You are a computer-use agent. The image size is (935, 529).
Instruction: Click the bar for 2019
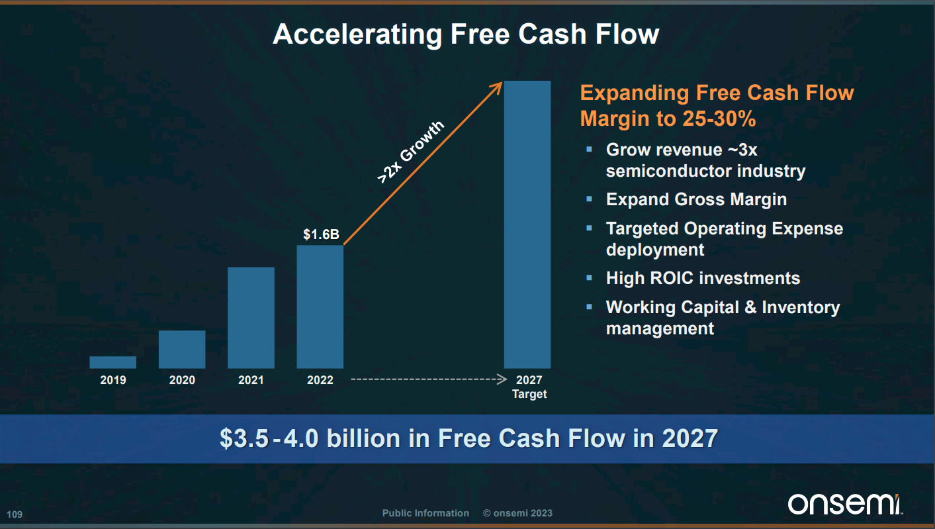coord(113,362)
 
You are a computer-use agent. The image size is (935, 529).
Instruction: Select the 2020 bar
coord(182,349)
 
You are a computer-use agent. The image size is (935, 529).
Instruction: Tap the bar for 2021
coord(251,318)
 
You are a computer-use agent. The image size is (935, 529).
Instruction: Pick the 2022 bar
coord(320,307)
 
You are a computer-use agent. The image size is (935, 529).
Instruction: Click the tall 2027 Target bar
coord(527,224)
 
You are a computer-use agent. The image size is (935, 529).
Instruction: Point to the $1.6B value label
coord(321,234)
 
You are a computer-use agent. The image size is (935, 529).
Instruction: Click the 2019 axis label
coord(113,380)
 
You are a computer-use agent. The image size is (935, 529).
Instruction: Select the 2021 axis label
coord(251,380)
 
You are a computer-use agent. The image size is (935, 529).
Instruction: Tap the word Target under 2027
coord(529,395)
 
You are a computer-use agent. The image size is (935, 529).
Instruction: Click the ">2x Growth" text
coord(410,152)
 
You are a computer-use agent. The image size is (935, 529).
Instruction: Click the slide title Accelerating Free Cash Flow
coord(466,34)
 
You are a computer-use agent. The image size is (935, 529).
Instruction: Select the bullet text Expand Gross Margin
coord(696,199)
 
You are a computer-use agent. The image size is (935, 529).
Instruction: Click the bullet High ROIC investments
coord(703,278)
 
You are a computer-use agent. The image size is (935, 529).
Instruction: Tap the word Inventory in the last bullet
coord(801,307)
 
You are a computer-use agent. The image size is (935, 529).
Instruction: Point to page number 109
coord(14,514)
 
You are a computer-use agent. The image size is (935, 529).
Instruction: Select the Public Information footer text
coord(425,513)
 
